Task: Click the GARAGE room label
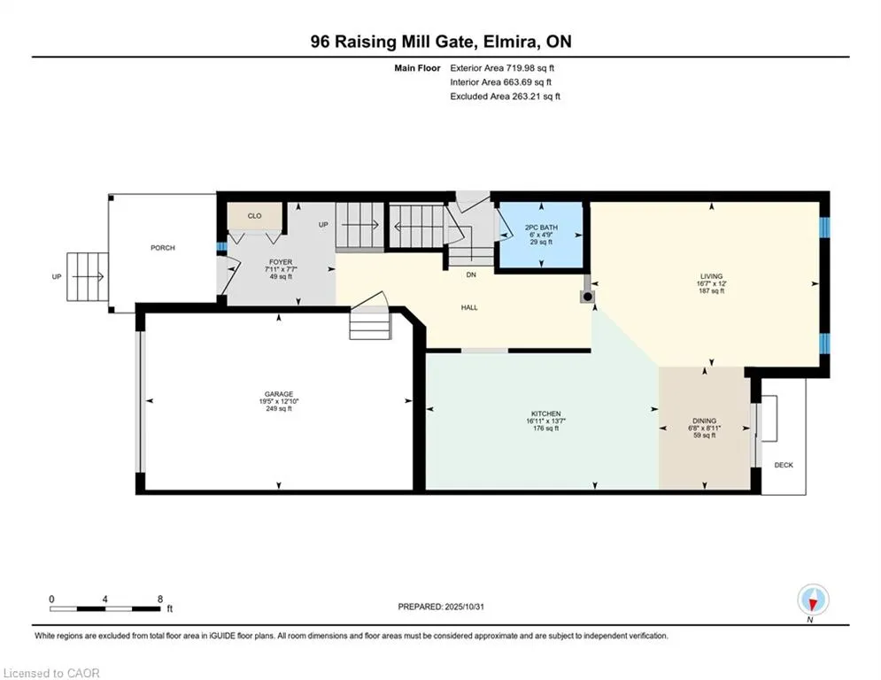(x=278, y=395)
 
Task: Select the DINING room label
(x=705, y=421)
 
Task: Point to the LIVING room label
(x=710, y=276)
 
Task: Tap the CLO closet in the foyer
(x=254, y=215)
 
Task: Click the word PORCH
(x=162, y=248)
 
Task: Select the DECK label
(x=784, y=465)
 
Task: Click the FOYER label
(x=280, y=263)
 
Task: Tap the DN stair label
(x=472, y=274)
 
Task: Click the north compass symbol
(x=812, y=600)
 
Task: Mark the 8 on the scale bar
(x=159, y=599)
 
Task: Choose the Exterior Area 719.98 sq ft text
(x=503, y=67)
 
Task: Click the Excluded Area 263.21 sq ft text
(x=505, y=97)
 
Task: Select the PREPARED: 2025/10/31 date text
(x=448, y=607)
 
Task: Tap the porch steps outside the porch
(x=85, y=276)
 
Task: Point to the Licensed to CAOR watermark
(x=52, y=673)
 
